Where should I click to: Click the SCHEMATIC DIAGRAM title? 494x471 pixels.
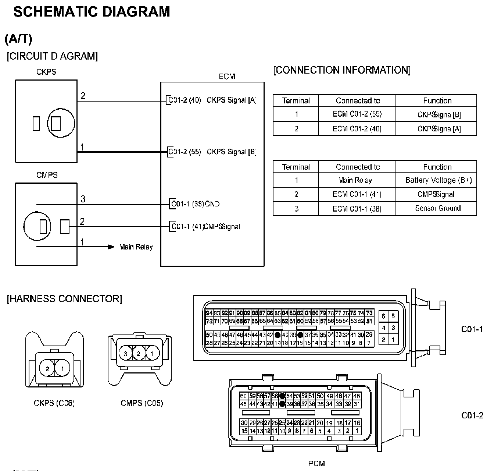pyautogui.click(x=92, y=12)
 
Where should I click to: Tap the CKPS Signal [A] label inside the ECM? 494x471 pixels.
pyautogui.click(x=232, y=100)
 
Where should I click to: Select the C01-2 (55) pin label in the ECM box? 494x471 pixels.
pyautogui.click(x=185, y=152)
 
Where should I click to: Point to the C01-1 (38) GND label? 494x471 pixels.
pyautogui.click(x=195, y=203)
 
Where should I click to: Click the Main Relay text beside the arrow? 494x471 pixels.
pyautogui.click(x=136, y=247)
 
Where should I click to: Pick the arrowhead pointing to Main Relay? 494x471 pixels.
pyautogui.click(x=111, y=247)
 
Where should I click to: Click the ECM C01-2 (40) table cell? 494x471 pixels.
pyautogui.click(x=357, y=128)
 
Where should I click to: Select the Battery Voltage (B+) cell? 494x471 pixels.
pyautogui.click(x=438, y=180)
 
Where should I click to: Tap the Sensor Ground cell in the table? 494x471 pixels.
pyautogui.click(x=438, y=208)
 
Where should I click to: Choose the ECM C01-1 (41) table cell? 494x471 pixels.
pyautogui.click(x=357, y=194)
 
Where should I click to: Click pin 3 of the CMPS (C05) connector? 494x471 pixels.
pyautogui.click(x=126, y=354)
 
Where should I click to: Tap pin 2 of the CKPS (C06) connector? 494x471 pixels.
pyautogui.click(x=47, y=369)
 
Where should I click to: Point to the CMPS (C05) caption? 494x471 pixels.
pyautogui.click(x=142, y=403)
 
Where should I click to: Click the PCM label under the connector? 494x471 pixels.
pyautogui.click(x=316, y=464)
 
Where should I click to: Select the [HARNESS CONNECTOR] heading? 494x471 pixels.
pyautogui.click(x=64, y=299)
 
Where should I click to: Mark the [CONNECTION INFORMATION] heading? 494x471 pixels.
pyautogui.click(x=342, y=70)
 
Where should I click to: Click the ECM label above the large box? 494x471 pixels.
pyautogui.click(x=227, y=77)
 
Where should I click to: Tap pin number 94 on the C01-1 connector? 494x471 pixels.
pyautogui.click(x=209, y=313)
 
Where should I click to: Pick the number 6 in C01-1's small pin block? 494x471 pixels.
pyautogui.click(x=383, y=316)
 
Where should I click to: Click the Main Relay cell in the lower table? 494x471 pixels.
pyautogui.click(x=355, y=180)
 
